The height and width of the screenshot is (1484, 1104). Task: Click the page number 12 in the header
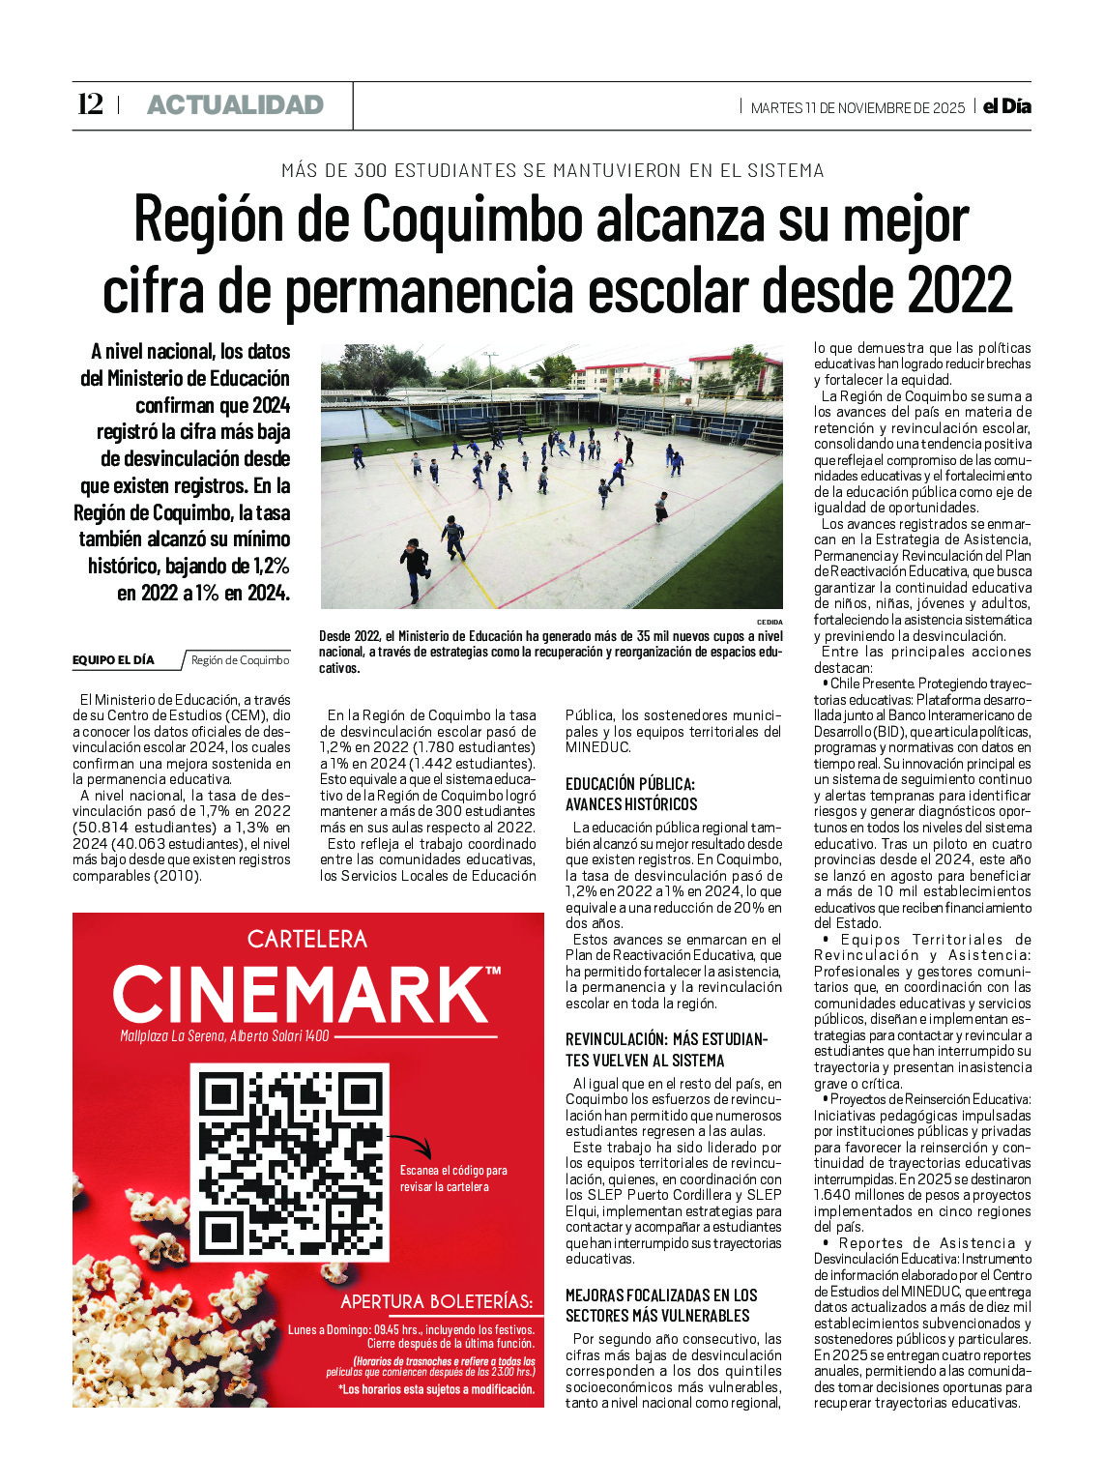pyautogui.click(x=90, y=104)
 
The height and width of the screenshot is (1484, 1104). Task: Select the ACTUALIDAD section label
pyautogui.click(x=235, y=105)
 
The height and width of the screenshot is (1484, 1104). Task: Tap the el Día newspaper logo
pyautogui.click(x=1006, y=106)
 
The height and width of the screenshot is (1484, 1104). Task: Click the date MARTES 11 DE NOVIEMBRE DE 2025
pyautogui.click(x=857, y=108)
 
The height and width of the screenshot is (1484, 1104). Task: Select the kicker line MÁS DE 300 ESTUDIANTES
pyautogui.click(x=552, y=170)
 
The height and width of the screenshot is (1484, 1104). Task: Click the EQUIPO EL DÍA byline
pyautogui.click(x=113, y=660)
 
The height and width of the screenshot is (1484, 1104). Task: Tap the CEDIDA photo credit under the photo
pyautogui.click(x=770, y=622)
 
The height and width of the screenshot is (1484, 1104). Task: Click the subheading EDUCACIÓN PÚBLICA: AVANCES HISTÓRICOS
pyautogui.click(x=631, y=794)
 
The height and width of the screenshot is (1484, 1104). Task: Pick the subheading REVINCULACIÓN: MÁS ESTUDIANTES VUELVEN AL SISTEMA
pyautogui.click(x=666, y=1049)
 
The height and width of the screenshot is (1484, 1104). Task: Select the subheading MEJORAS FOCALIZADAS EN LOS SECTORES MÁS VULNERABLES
pyautogui.click(x=661, y=1305)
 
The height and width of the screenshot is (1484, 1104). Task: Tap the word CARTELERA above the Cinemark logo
pyautogui.click(x=307, y=939)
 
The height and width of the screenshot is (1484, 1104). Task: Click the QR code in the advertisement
pyautogui.click(x=289, y=1161)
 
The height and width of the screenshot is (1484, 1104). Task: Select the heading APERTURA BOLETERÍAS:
pyautogui.click(x=436, y=1301)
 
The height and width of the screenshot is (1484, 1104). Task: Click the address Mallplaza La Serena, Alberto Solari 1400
pyautogui.click(x=224, y=1036)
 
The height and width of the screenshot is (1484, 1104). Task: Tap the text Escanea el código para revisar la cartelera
pyautogui.click(x=453, y=1178)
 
